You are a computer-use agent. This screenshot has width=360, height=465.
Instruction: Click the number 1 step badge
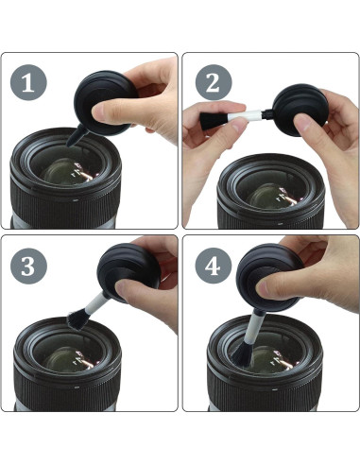click(28, 82)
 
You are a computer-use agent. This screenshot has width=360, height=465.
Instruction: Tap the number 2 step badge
click(214, 82)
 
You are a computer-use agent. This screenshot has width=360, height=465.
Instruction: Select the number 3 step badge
click(28, 266)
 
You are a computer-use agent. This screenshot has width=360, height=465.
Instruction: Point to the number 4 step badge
click(214, 266)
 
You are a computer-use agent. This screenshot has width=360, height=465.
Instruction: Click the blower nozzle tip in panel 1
click(69, 144)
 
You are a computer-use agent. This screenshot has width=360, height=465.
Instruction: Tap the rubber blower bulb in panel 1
click(106, 103)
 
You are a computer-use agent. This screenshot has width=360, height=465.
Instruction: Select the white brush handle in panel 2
click(245, 115)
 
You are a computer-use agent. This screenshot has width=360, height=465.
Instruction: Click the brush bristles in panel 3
click(78, 319)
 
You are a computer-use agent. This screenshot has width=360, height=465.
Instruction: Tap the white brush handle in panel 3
click(96, 301)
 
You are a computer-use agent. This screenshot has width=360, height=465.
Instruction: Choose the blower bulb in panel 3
click(129, 272)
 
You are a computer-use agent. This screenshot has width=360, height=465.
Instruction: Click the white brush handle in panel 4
click(254, 327)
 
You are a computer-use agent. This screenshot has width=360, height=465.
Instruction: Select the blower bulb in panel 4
click(268, 277)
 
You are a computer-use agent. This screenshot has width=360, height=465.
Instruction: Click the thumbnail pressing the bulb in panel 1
click(98, 112)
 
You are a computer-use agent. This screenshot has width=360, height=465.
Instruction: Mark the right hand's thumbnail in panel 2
click(301, 122)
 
